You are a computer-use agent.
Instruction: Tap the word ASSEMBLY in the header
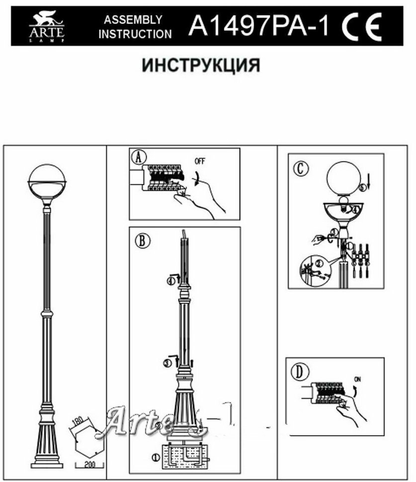coord(133,20)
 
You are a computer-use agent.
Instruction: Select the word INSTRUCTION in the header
coord(135,34)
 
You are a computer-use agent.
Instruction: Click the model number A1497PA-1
coord(258,26)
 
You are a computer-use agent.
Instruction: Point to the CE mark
coord(361,26)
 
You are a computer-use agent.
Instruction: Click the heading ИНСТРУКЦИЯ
coord(201,65)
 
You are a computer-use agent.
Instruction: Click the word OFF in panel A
coord(199,161)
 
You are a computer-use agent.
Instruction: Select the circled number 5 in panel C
coord(363,187)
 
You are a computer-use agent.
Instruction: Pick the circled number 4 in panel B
coord(171,281)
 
